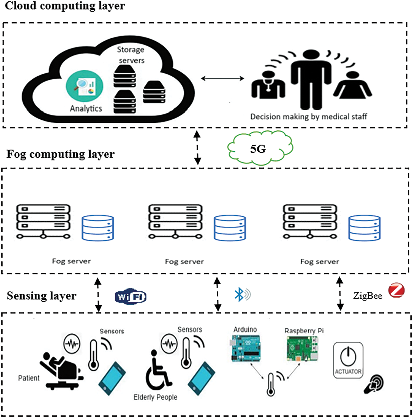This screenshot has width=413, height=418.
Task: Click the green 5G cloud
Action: click(x=260, y=148)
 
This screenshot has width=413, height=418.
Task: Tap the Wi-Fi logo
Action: click(x=131, y=297)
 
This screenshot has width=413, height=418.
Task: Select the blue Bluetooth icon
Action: click(x=242, y=294)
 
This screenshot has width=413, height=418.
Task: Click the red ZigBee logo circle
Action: click(x=396, y=290)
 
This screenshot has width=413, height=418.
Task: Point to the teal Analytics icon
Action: click(x=85, y=87)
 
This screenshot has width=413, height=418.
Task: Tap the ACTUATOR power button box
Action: click(x=348, y=360)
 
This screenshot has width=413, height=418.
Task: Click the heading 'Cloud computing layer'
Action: click(x=65, y=6)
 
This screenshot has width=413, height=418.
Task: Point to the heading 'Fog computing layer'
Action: click(x=60, y=154)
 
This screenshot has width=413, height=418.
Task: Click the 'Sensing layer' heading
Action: click(x=42, y=296)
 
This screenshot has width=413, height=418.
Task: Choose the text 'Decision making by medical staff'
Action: click(x=309, y=117)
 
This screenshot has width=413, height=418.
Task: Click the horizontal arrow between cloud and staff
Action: click(x=222, y=79)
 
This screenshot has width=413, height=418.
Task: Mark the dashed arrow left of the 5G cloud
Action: click(x=197, y=148)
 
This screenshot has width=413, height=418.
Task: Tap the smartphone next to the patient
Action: click(x=112, y=378)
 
